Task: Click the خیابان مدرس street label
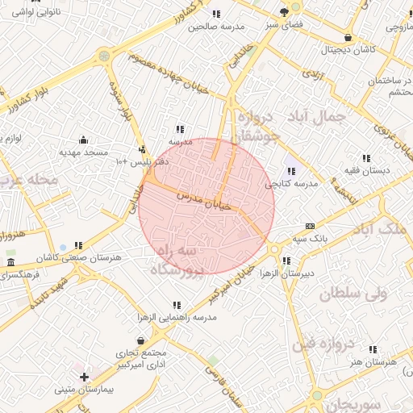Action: pos(197,201)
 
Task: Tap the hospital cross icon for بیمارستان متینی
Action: pos(84,377)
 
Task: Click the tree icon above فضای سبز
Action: pos(284,12)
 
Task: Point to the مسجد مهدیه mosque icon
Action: pos(83,139)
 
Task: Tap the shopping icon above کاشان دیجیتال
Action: pos(348,37)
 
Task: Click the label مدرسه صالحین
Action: pos(216,27)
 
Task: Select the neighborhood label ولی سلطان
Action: pos(354,294)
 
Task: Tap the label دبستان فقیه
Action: pos(367,171)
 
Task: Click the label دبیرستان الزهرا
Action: pos(286,274)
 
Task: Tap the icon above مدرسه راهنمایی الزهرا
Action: pos(177,305)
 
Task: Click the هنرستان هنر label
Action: pos(374,362)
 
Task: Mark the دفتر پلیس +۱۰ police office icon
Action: pos(143,149)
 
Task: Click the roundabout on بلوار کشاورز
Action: pos(103,56)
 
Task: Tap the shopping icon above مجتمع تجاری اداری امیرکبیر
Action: pos(141,341)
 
